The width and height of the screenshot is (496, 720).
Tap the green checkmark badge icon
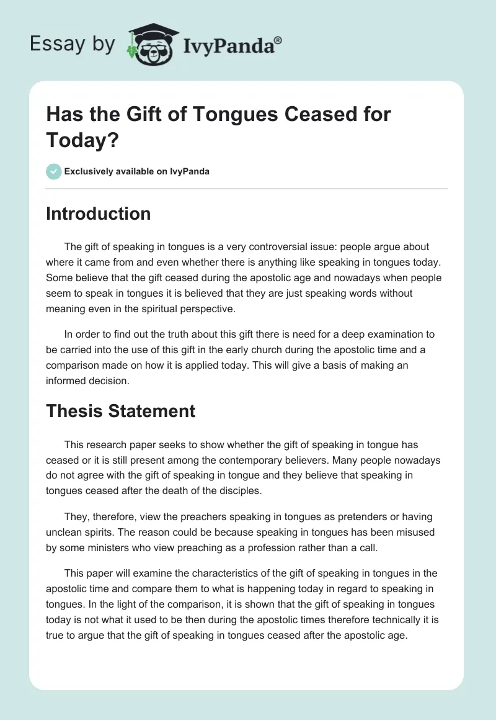(x=54, y=171)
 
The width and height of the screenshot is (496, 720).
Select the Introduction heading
(x=99, y=214)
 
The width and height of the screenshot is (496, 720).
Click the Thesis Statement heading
(x=121, y=410)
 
